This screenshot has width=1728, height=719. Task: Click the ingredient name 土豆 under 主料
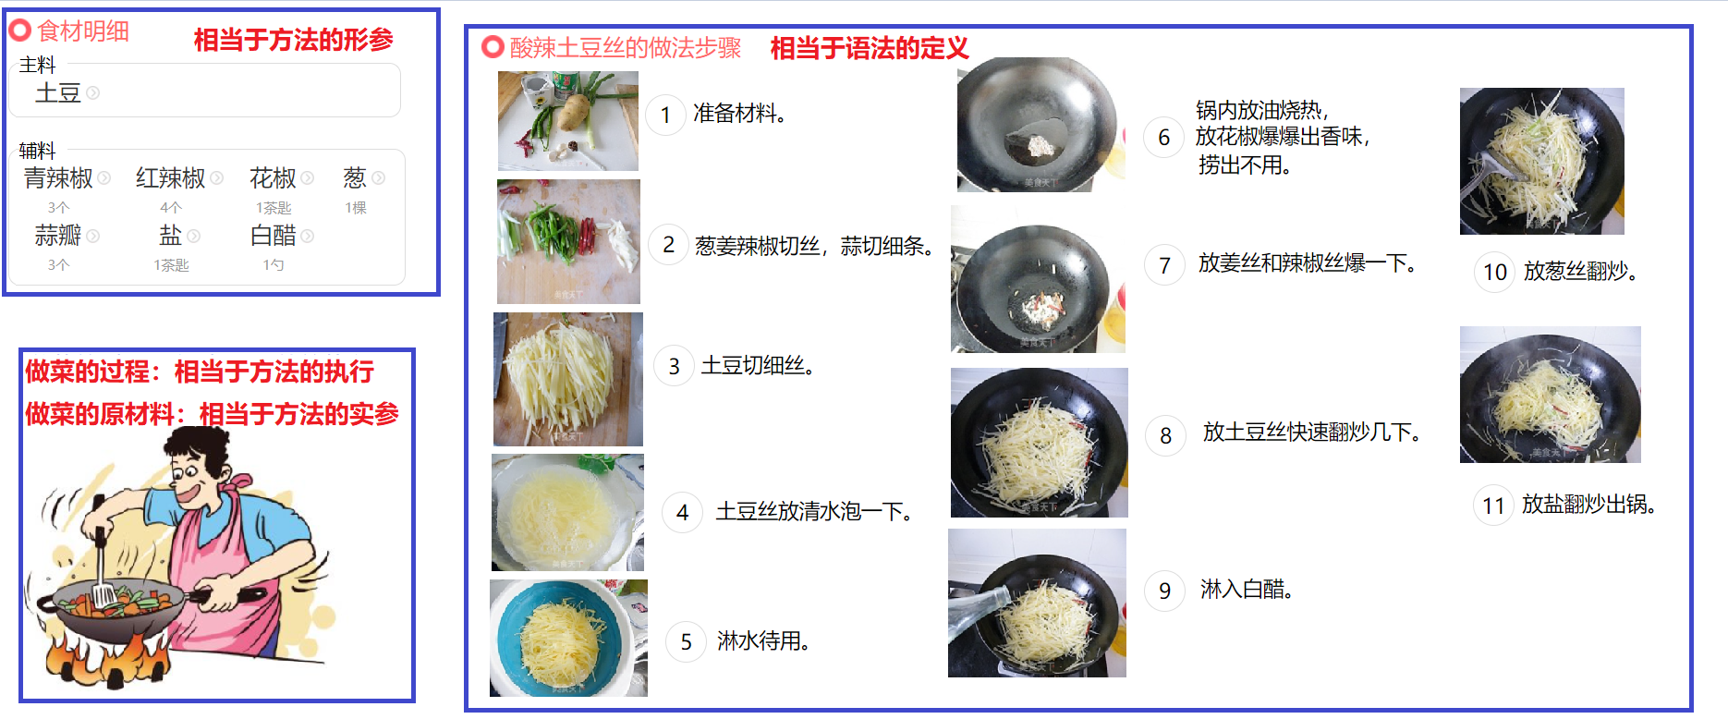point(58,92)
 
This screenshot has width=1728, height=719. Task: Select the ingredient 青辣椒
point(58,177)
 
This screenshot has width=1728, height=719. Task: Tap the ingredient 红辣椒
point(171,177)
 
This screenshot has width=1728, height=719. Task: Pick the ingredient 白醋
point(274,236)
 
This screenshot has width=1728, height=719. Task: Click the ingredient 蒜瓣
point(58,236)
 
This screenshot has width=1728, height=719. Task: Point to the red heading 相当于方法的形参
point(294,40)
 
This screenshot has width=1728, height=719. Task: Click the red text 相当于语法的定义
point(870,48)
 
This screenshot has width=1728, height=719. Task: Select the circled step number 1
point(665,116)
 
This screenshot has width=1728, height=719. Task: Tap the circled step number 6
point(1164,138)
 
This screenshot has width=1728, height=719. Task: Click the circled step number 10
point(1495,272)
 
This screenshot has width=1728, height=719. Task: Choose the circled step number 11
point(1493,506)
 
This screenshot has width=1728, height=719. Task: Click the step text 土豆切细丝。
point(758,366)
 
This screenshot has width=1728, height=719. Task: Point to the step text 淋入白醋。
point(1246,590)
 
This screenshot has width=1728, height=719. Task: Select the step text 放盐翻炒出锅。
point(1589,505)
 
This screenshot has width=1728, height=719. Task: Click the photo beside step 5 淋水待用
point(568,638)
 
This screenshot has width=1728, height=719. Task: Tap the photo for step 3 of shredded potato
point(568,379)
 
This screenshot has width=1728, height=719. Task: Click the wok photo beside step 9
point(1037,603)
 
